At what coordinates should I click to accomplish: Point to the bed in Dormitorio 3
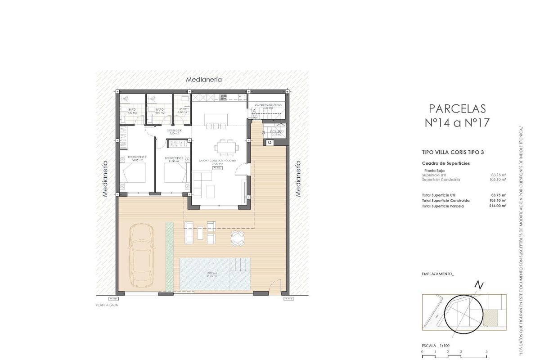coord(175,172)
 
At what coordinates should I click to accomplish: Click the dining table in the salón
coord(225,147)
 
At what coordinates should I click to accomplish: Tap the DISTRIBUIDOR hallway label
coord(175,130)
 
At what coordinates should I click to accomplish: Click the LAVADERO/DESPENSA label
coord(268,105)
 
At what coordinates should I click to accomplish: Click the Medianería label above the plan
coord(204,79)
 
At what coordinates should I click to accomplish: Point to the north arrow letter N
coord(480,285)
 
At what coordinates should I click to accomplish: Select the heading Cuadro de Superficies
coord(445,163)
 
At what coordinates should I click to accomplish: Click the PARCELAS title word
coord(457,108)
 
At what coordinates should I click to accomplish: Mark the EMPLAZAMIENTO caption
coord(438,274)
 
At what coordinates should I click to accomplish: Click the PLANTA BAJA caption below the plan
coord(107,305)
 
